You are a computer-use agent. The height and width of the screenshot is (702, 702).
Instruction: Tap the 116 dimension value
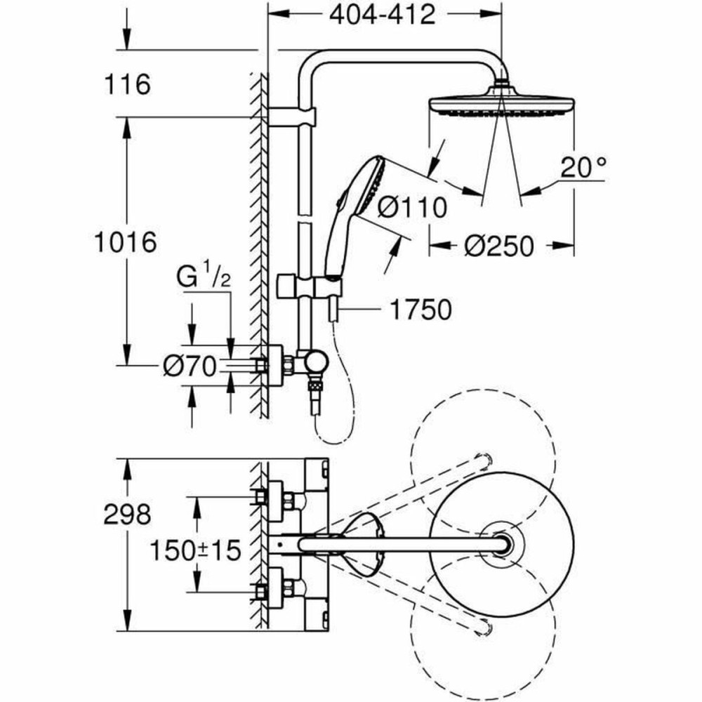(127, 85)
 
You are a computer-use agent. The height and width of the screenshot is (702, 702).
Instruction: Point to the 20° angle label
(583, 168)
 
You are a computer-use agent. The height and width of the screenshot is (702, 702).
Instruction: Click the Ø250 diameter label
(499, 246)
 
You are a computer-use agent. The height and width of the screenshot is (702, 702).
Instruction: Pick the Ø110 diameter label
(411, 207)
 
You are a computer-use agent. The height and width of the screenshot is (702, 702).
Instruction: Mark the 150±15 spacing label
(194, 550)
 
